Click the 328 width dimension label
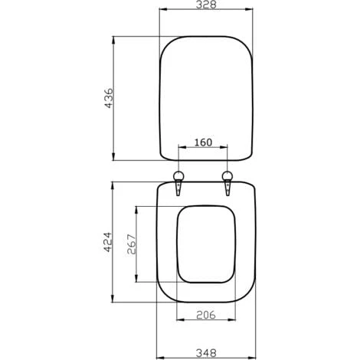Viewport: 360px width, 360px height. click(x=206, y=5)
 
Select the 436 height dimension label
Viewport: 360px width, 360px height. click(x=109, y=98)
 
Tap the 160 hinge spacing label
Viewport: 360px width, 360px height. click(x=203, y=142)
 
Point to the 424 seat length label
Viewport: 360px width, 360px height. click(x=107, y=242)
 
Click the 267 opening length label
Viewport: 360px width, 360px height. click(x=132, y=244)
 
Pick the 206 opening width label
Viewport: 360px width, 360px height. click(x=206, y=315)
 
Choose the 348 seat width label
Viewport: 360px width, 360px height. click(x=206, y=353)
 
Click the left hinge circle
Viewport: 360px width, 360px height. click(x=178, y=176)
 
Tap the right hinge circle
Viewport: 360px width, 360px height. click(x=227, y=176)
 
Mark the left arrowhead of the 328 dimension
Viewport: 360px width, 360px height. click(x=163, y=9)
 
